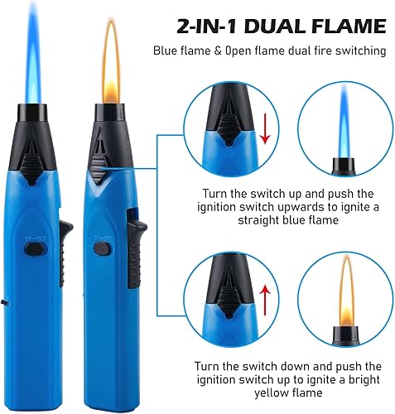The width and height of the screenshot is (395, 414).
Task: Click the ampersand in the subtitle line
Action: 218,51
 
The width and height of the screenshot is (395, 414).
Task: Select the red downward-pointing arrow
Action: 265,128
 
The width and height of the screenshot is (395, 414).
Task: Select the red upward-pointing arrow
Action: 265,300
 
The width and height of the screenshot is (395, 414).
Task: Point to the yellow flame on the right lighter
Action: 112,62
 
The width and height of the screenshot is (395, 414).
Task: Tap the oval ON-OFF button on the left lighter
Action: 35,249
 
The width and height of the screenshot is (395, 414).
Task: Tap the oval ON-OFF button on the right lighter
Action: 102,248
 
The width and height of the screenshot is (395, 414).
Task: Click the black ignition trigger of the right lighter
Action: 136,254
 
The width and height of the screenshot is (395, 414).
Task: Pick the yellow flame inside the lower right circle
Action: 346,291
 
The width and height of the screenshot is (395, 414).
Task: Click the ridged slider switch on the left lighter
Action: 31,167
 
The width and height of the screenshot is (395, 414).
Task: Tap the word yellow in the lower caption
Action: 271,393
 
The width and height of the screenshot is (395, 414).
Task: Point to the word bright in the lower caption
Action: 364,380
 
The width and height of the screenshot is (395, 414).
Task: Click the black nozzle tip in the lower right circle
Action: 346,335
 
